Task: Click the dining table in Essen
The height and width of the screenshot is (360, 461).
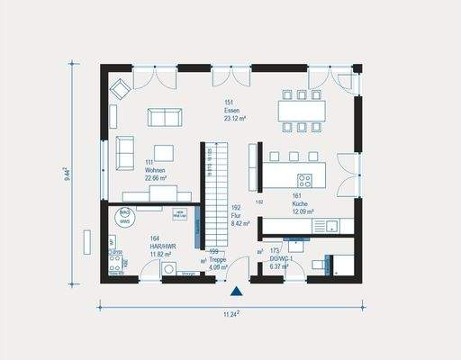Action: pos(302,111)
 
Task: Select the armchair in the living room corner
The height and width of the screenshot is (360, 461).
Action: pos(120,88)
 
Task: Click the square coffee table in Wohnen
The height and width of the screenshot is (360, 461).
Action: pos(164,152)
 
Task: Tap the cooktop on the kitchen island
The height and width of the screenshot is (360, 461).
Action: pos(304,179)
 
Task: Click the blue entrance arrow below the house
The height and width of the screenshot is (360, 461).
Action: pos(236,291)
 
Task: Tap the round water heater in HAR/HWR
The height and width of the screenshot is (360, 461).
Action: pos(125,216)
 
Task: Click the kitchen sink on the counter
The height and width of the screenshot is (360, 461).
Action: pos(331,224)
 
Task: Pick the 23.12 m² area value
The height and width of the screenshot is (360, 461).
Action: pos(237,118)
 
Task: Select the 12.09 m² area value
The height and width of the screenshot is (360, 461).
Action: pos(303,212)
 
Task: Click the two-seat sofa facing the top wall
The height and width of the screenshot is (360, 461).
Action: pos(163,117)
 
